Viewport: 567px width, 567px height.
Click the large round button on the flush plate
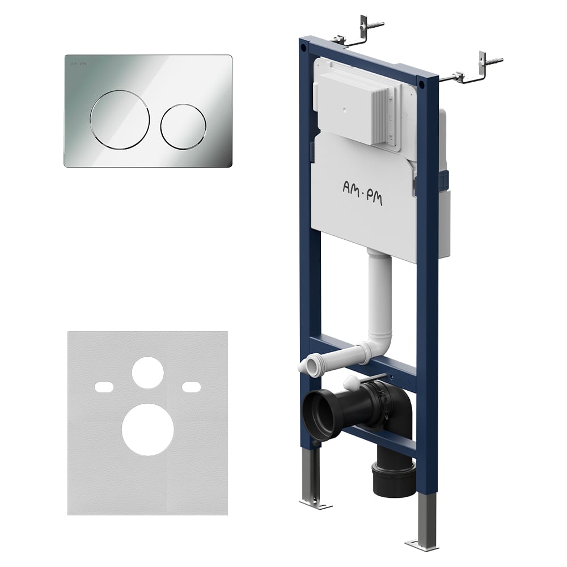(x=120, y=120)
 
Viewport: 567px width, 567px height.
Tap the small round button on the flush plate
(x=183, y=126)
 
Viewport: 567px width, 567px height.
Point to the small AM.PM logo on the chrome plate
(x=78, y=64)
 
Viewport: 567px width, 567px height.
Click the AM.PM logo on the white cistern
(x=362, y=193)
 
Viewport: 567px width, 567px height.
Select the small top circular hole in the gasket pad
(x=148, y=373)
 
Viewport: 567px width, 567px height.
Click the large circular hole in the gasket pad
(x=148, y=430)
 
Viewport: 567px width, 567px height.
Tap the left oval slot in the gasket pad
(x=104, y=387)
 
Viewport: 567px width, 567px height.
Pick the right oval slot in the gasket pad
(x=191, y=387)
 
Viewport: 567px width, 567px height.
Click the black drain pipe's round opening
(x=318, y=413)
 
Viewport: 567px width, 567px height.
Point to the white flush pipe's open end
(x=306, y=366)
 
